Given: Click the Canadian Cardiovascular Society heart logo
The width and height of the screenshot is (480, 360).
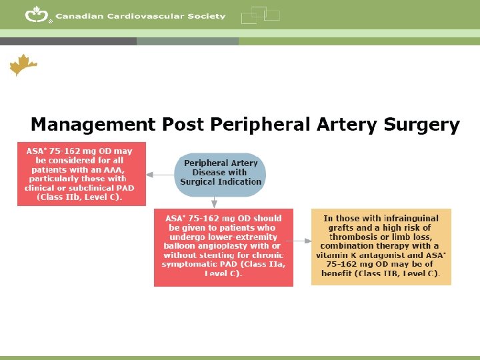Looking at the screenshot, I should point(37,15).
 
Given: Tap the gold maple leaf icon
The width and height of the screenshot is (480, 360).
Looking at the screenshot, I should point(23,65).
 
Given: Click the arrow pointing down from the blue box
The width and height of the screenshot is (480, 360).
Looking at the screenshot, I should point(214,201).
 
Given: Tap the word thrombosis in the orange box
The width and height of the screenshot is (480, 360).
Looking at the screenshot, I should point(354,237).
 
